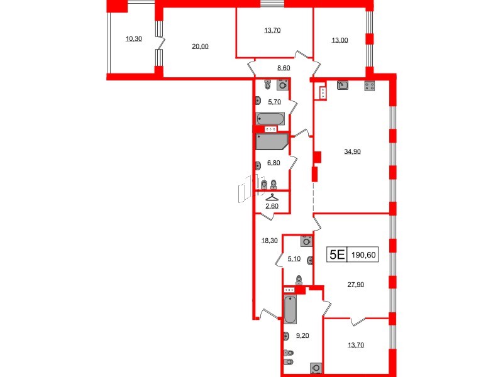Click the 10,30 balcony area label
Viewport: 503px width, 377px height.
click(133, 39)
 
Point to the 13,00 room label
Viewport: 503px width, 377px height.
click(339, 39)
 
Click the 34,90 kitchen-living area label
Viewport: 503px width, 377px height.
click(352, 151)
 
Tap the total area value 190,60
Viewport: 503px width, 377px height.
click(365, 254)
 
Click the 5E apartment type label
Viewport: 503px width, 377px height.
click(338, 254)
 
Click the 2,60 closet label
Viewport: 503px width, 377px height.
click(272, 205)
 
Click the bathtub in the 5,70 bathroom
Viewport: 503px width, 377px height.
click(270, 119)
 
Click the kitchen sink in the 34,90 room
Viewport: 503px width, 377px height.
click(343, 87)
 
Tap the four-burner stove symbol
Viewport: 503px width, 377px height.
click(369, 87)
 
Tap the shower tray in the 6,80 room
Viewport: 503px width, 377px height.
click(270, 141)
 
